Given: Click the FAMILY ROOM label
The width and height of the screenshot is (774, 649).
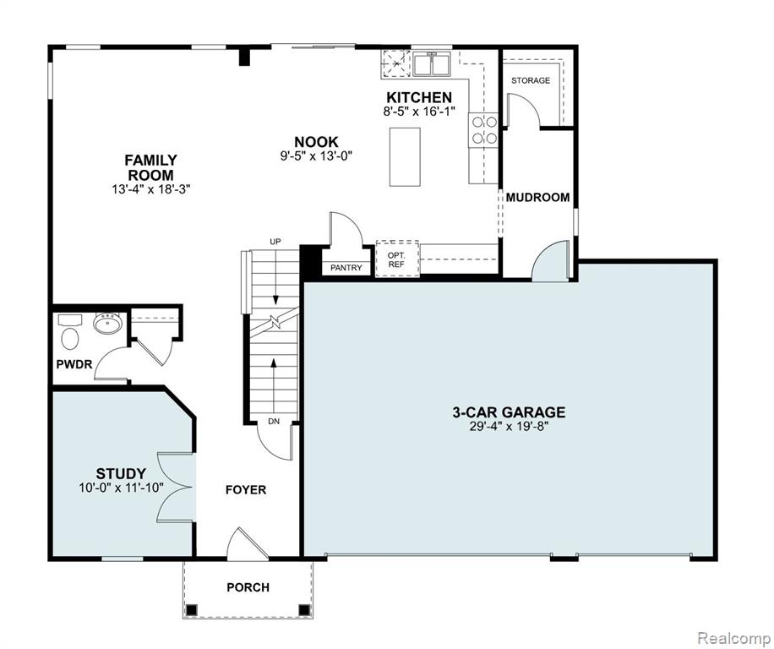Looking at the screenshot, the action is tap(150, 167).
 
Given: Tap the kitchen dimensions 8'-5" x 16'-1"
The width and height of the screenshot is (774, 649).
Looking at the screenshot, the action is tap(418, 111).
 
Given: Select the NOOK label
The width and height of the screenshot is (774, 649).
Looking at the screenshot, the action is tap(316, 142).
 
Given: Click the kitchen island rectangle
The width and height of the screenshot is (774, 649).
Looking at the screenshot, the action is tap(405, 156).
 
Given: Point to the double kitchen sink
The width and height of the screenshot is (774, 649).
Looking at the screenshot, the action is tap(432, 64).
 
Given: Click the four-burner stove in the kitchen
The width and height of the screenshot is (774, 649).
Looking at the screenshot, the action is tap(483, 130).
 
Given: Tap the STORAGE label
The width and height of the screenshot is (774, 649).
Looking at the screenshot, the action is tap(531, 80).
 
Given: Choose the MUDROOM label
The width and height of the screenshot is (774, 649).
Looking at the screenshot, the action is tap(537, 198).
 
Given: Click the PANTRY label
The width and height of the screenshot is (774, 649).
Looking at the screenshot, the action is tap(346, 268).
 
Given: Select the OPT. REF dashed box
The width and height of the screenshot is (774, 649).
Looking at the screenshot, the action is tap(397, 259).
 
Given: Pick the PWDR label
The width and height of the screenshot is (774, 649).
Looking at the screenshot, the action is tap(74, 365).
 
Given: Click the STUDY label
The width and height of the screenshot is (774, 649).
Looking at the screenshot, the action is tap(121, 474).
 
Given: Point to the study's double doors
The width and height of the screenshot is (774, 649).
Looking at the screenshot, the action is tap(175, 487).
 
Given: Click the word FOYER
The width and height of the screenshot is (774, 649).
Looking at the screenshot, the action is tap(246, 490).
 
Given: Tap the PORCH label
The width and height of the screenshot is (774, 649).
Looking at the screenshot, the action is tap(248, 587).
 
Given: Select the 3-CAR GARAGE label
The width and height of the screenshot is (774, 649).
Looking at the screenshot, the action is tap(509, 412).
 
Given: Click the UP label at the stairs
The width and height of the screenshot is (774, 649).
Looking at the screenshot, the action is tap(275, 242).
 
